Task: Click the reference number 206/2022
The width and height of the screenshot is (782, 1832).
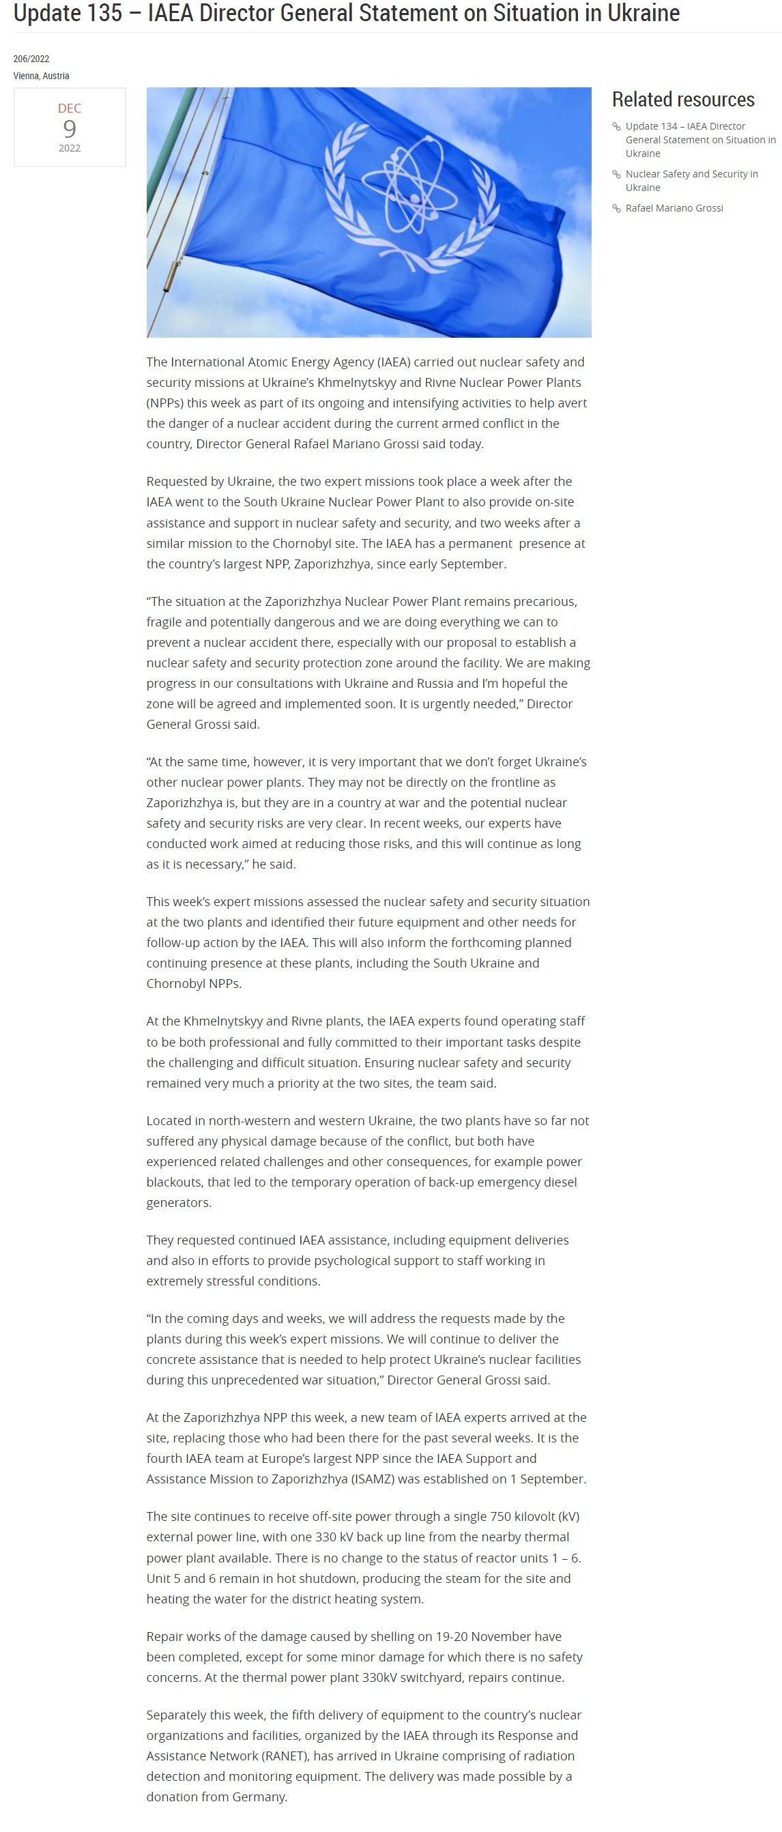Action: [31, 59]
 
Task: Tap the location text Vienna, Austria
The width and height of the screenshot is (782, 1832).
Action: [40, 76]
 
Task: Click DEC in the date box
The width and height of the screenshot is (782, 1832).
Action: [69, 108]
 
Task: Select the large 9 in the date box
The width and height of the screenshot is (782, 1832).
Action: [69, 129]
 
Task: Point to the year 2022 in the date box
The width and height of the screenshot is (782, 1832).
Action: [69, 148]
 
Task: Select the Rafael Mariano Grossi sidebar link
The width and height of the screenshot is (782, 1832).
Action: [673, 207]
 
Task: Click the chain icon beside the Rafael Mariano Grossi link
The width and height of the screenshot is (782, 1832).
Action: [616, 208]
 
